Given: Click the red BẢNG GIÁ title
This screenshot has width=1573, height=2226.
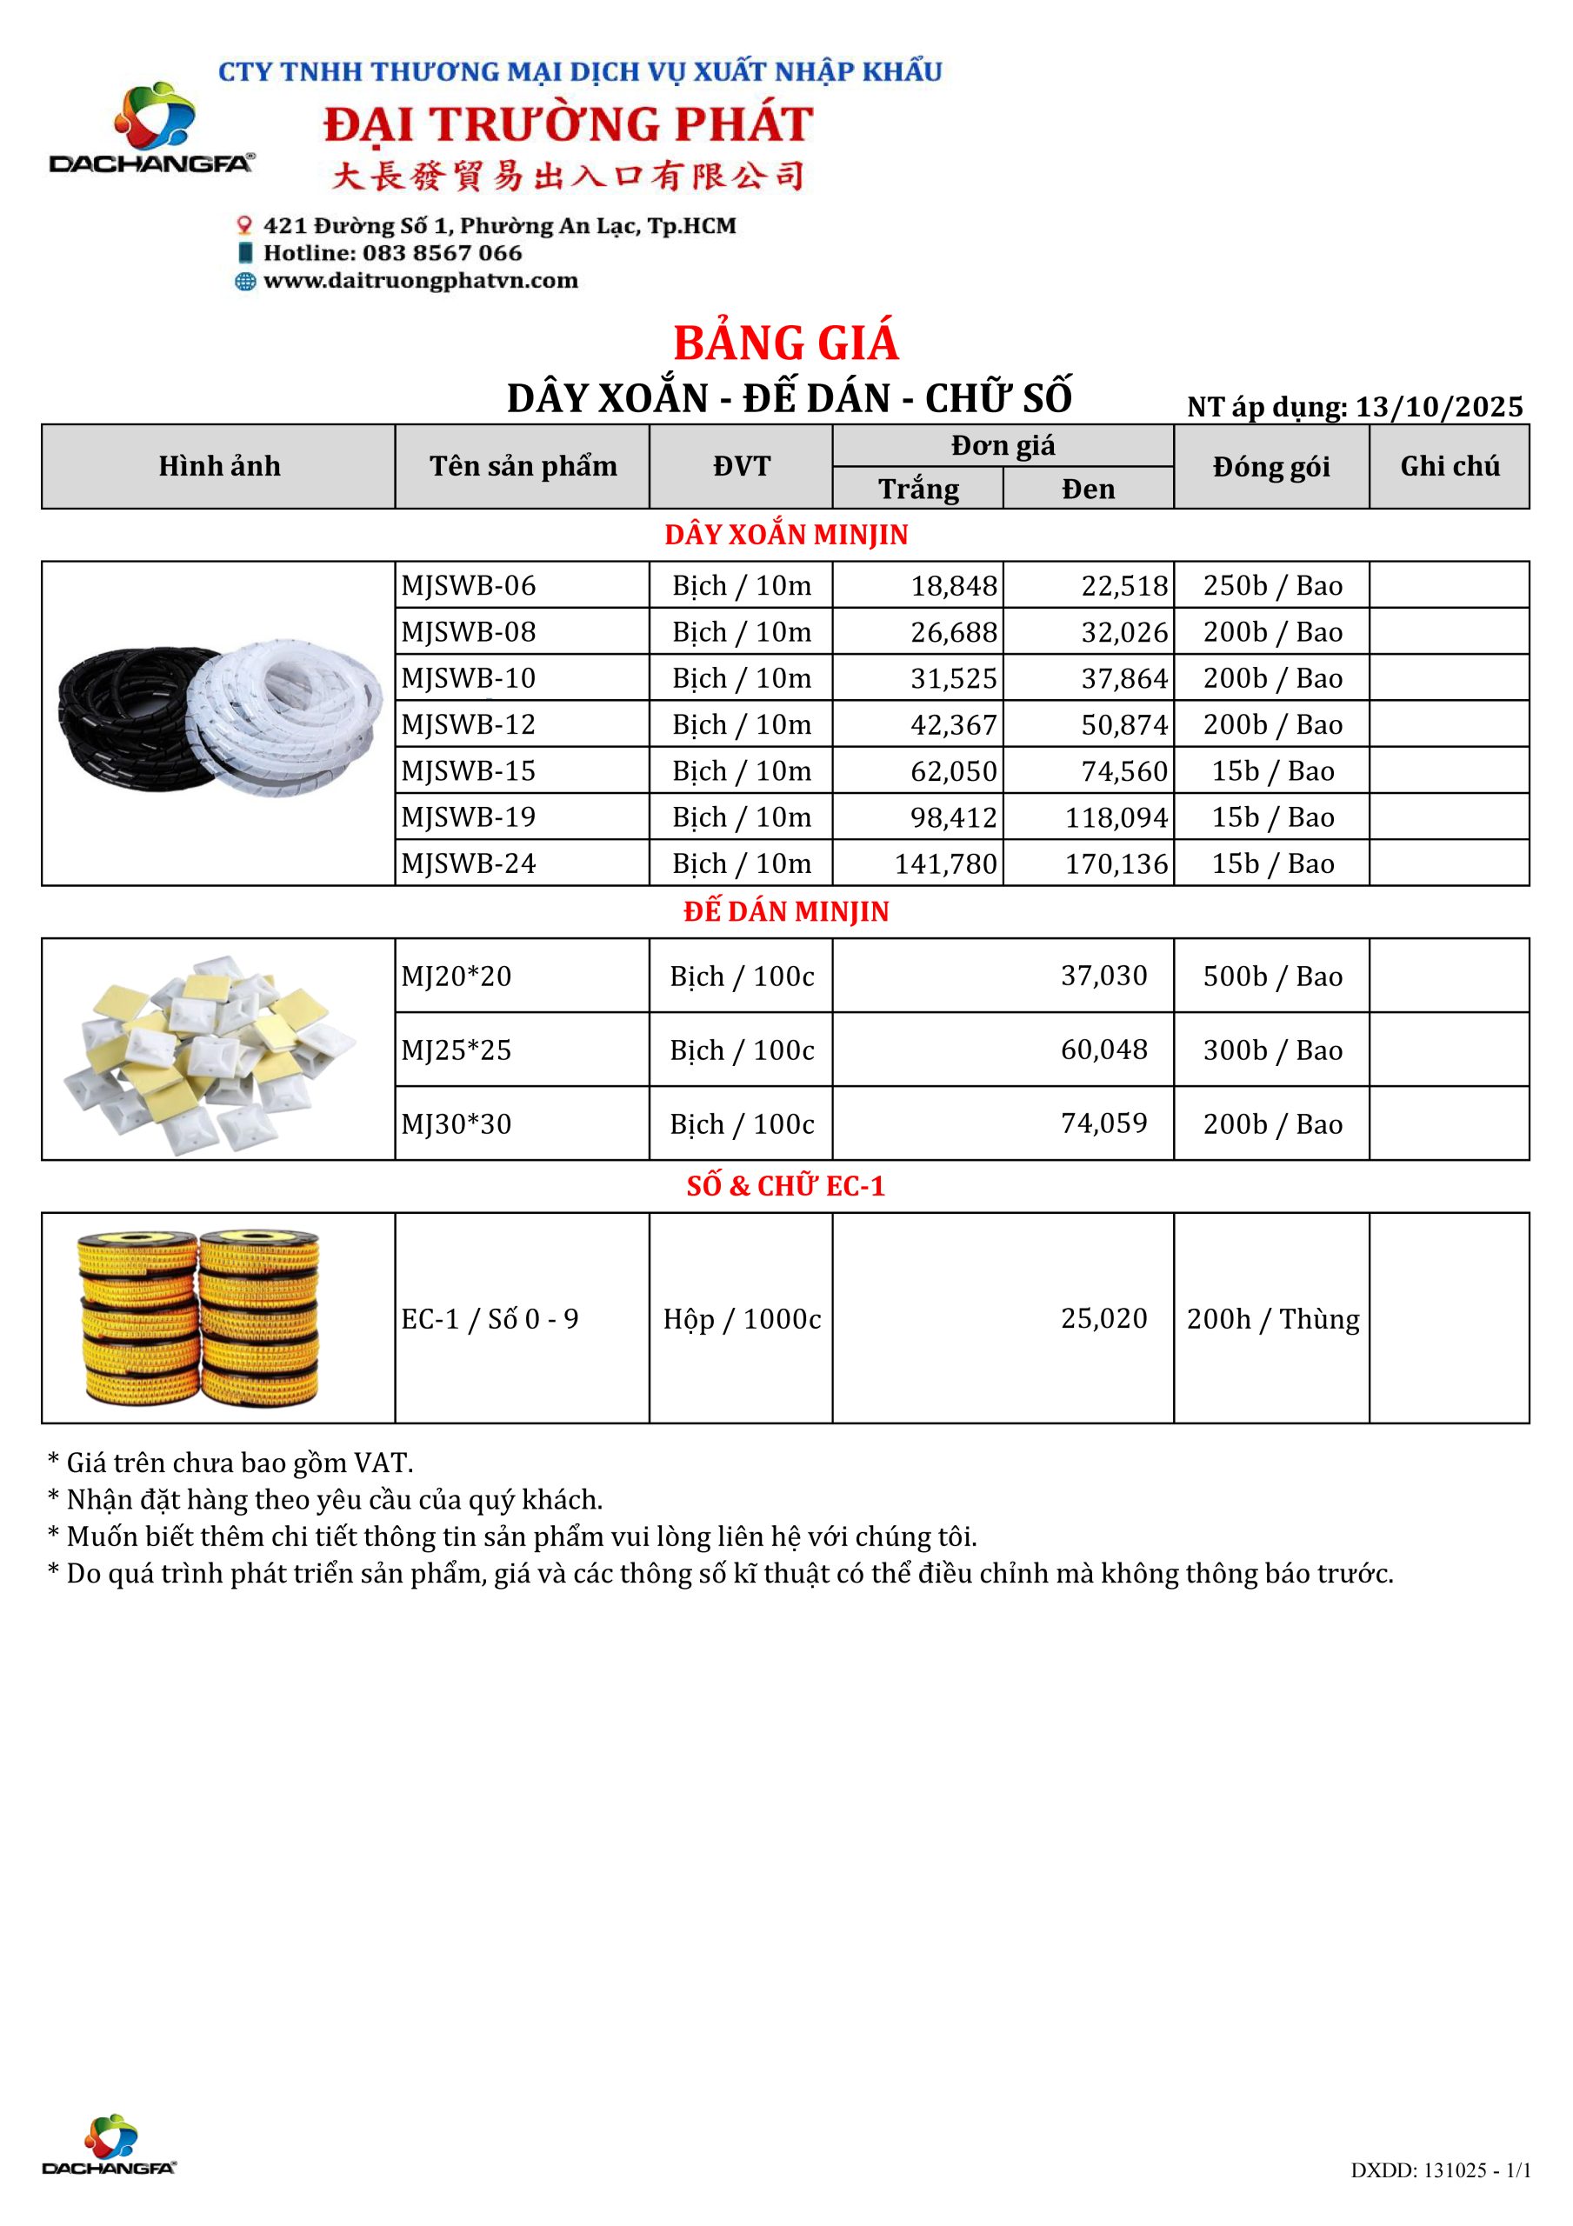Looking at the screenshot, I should (785, 343).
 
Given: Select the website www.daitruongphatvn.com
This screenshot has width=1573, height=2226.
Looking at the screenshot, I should (420, 281).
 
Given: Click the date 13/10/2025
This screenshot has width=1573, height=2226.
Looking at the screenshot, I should (1439, 406).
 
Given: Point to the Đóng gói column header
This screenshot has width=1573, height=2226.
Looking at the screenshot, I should (1270, 466).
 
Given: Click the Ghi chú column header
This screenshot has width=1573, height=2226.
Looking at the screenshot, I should (1449, 466).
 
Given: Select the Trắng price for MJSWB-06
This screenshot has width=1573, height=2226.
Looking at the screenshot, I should (953, 585).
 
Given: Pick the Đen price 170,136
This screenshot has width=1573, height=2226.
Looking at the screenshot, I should (1116, 863).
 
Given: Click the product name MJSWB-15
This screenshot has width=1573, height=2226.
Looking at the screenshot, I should (469, 770).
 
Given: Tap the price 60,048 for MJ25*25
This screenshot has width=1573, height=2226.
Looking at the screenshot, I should (1103, 1049).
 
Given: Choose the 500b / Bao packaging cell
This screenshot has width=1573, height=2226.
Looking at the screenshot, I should (1272, 976).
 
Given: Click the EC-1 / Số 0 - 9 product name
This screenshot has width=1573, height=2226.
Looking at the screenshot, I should (490, 1318).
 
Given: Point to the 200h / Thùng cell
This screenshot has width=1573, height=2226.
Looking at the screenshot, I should (1272, 1318).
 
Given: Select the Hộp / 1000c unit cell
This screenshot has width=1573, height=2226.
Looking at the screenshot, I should (742, 1318).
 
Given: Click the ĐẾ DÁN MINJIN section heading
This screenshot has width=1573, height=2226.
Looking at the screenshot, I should (785, 911).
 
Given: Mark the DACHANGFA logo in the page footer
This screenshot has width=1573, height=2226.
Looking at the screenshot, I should (110, 2143).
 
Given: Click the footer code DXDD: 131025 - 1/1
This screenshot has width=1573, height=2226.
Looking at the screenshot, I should (1440, 2169).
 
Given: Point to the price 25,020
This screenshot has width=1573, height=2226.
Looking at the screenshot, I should (1103, 1318).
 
